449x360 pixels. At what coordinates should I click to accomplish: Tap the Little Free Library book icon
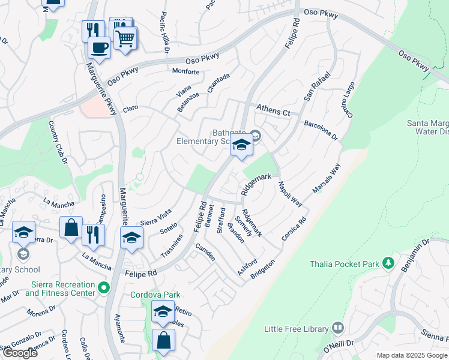tap(337, 328)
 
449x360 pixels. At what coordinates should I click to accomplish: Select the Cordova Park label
tap(156, 295)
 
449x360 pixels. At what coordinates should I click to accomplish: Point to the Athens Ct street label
tap(273, 110)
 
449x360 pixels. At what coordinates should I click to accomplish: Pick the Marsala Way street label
tap(327, 178)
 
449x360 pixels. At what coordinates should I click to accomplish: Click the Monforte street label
tap(185, 71)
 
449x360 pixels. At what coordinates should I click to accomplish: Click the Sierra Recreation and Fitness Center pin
tap(103, 289)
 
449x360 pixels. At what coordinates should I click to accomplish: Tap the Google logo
tap(20, 353)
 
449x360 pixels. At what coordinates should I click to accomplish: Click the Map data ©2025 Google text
tap(411, 355)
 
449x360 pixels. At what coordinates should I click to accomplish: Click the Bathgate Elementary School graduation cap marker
tap(241, 146)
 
